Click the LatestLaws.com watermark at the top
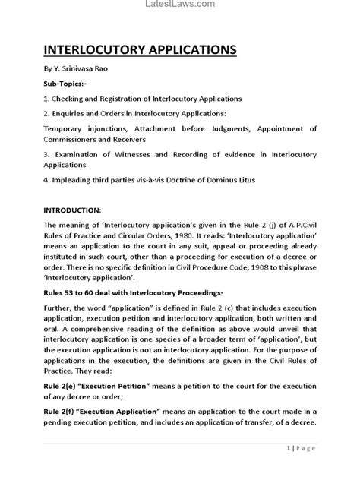[179, 4]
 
